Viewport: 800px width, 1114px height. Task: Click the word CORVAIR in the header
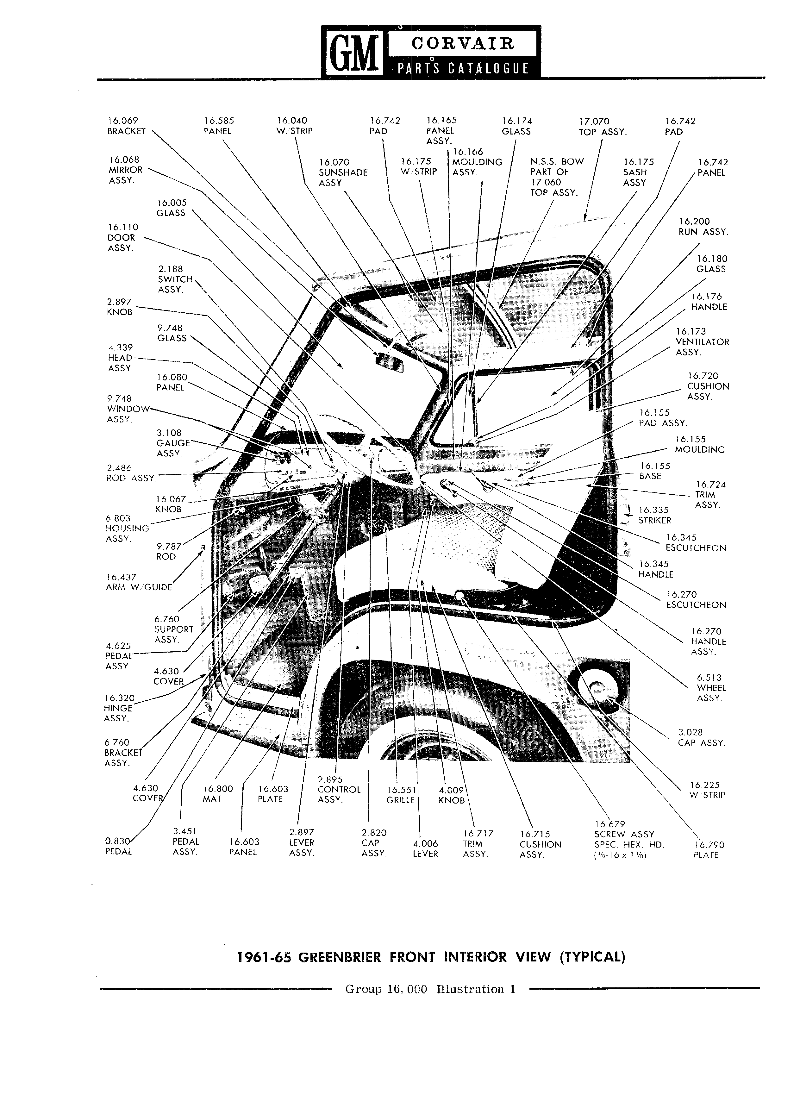[x=462, y=44]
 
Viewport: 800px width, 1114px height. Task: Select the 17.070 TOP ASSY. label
[x=602, y=126]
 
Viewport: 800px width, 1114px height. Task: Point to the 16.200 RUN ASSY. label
[x=703, y=226]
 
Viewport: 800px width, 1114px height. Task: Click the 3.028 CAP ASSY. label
[x=701, y=738]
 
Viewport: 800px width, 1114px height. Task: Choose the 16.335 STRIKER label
[x=654, y=515]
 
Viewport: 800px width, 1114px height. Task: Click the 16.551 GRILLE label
[x=401, y=795]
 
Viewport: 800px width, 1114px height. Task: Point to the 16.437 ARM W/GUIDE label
[x=139, y=582]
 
